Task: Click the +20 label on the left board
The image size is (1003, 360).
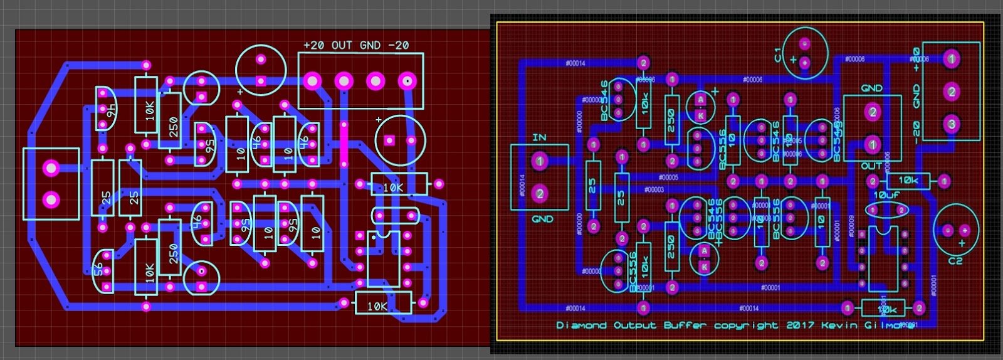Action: (x=313, y=45)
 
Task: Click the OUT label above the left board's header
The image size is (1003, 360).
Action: (x=342, y=45)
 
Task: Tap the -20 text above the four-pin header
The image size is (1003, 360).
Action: (x=398, y=45)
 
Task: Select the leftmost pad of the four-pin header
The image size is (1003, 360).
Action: (x=312, y=81)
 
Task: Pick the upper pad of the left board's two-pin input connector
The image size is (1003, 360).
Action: (x=51, y=167)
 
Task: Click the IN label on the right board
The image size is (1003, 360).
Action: (x=539, y=137)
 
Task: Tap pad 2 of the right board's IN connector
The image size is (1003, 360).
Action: (x=540, y=194)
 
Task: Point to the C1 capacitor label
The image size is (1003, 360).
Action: (x=778, y=55)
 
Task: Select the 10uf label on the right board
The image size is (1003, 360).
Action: (x=886, y=195)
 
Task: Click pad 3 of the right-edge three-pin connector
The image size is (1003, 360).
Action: (x=952, y=124)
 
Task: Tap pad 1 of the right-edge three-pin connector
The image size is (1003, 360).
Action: (x=952, y=60)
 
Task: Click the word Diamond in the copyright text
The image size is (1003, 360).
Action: (x=581, y=326)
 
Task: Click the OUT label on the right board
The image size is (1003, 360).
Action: (x=871, y=166)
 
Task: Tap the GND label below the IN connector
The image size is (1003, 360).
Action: (x=542, y=219)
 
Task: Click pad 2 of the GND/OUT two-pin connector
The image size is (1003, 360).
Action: (x=872, y=113)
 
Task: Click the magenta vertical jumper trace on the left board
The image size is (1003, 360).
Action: (x=344, y=144)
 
